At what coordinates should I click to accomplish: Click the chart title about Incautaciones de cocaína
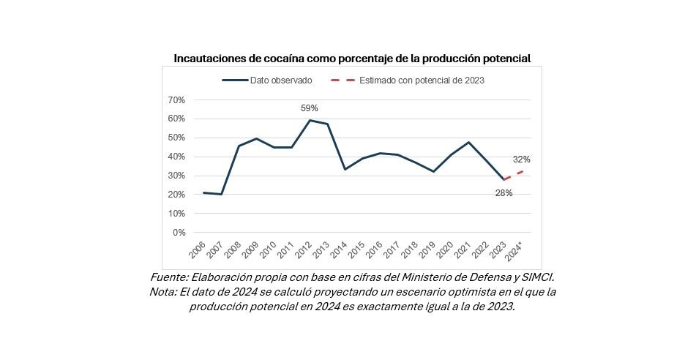click(352, 58)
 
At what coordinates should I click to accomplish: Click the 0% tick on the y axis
click(179, 233)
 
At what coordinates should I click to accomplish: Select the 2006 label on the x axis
click(197, 250)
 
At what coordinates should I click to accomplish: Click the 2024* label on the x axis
click(516, 251)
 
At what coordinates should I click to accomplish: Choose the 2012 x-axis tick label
click(303, 250)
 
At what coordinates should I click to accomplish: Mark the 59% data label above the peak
click(310, 108)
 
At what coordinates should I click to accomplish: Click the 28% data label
click(504, 193)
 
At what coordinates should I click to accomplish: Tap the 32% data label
click(521, 160)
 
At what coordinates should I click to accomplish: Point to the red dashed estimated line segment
click(512, 175)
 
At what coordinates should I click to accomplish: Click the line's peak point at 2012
click(310, 120)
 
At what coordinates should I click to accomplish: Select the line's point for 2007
click(221, 194)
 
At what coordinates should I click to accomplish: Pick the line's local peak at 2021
click(468, 142)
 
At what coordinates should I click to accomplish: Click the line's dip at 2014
click(345, 169)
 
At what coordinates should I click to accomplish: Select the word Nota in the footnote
click(162, 292)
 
